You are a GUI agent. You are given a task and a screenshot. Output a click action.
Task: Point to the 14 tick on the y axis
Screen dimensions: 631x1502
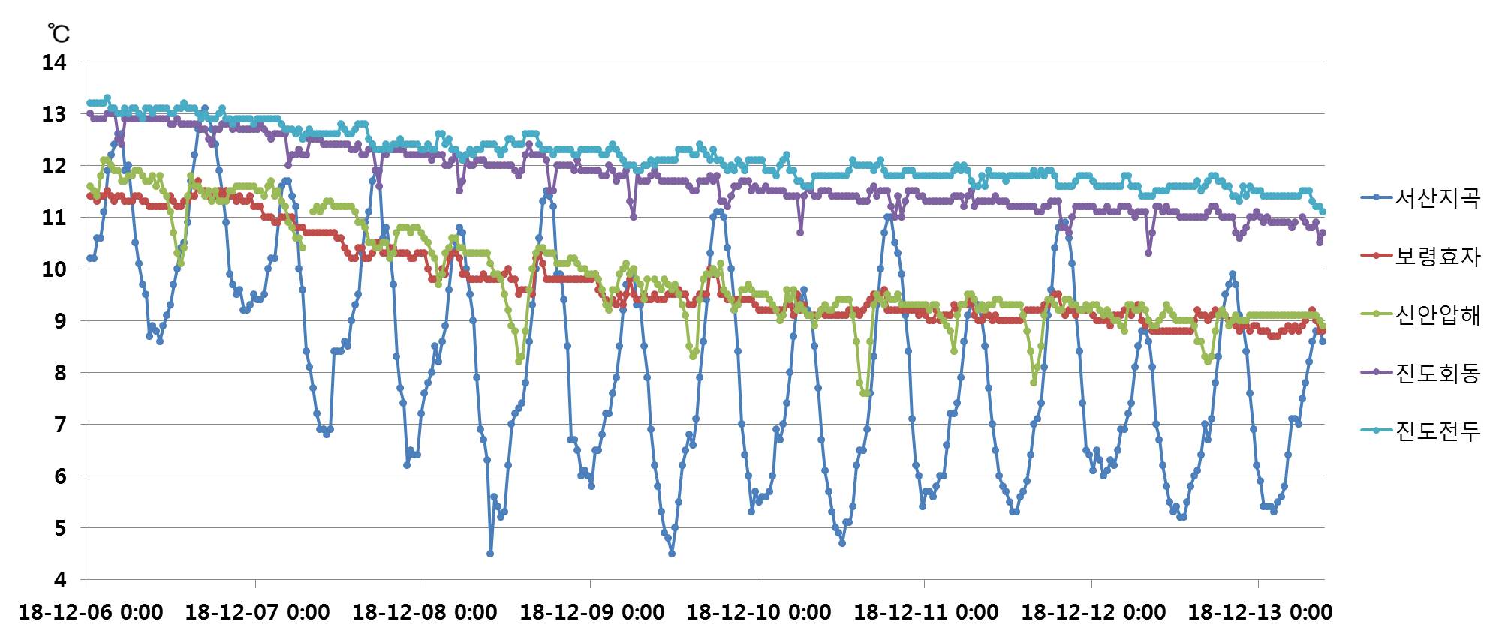pos(54,62)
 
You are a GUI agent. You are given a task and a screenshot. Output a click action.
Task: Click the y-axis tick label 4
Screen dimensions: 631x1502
pos(60,580)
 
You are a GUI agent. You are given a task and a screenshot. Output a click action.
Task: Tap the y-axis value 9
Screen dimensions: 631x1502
pos(60,321)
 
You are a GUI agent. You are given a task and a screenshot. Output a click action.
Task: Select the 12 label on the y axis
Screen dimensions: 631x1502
pos(54,166)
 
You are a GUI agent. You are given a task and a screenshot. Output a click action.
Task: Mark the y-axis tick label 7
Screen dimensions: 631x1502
pos(60,425)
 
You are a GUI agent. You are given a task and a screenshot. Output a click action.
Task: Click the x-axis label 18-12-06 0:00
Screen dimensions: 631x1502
pos(91,612)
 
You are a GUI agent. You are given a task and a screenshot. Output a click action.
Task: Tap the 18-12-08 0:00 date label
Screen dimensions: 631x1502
pos(425,612)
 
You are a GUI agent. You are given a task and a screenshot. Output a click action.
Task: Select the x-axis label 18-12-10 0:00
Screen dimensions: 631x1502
pos(759,612)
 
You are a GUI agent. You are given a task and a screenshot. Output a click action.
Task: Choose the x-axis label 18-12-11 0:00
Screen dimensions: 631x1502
pos(926,612)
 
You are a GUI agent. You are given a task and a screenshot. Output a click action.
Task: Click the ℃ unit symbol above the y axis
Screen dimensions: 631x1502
pos(59,33)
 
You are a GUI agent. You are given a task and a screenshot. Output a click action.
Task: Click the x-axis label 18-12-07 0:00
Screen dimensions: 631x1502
pos(257,612)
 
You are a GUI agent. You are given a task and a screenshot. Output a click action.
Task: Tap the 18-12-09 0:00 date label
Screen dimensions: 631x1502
pos(592,612)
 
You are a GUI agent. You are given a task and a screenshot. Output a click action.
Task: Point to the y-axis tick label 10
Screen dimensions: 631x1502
pos(54,269)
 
